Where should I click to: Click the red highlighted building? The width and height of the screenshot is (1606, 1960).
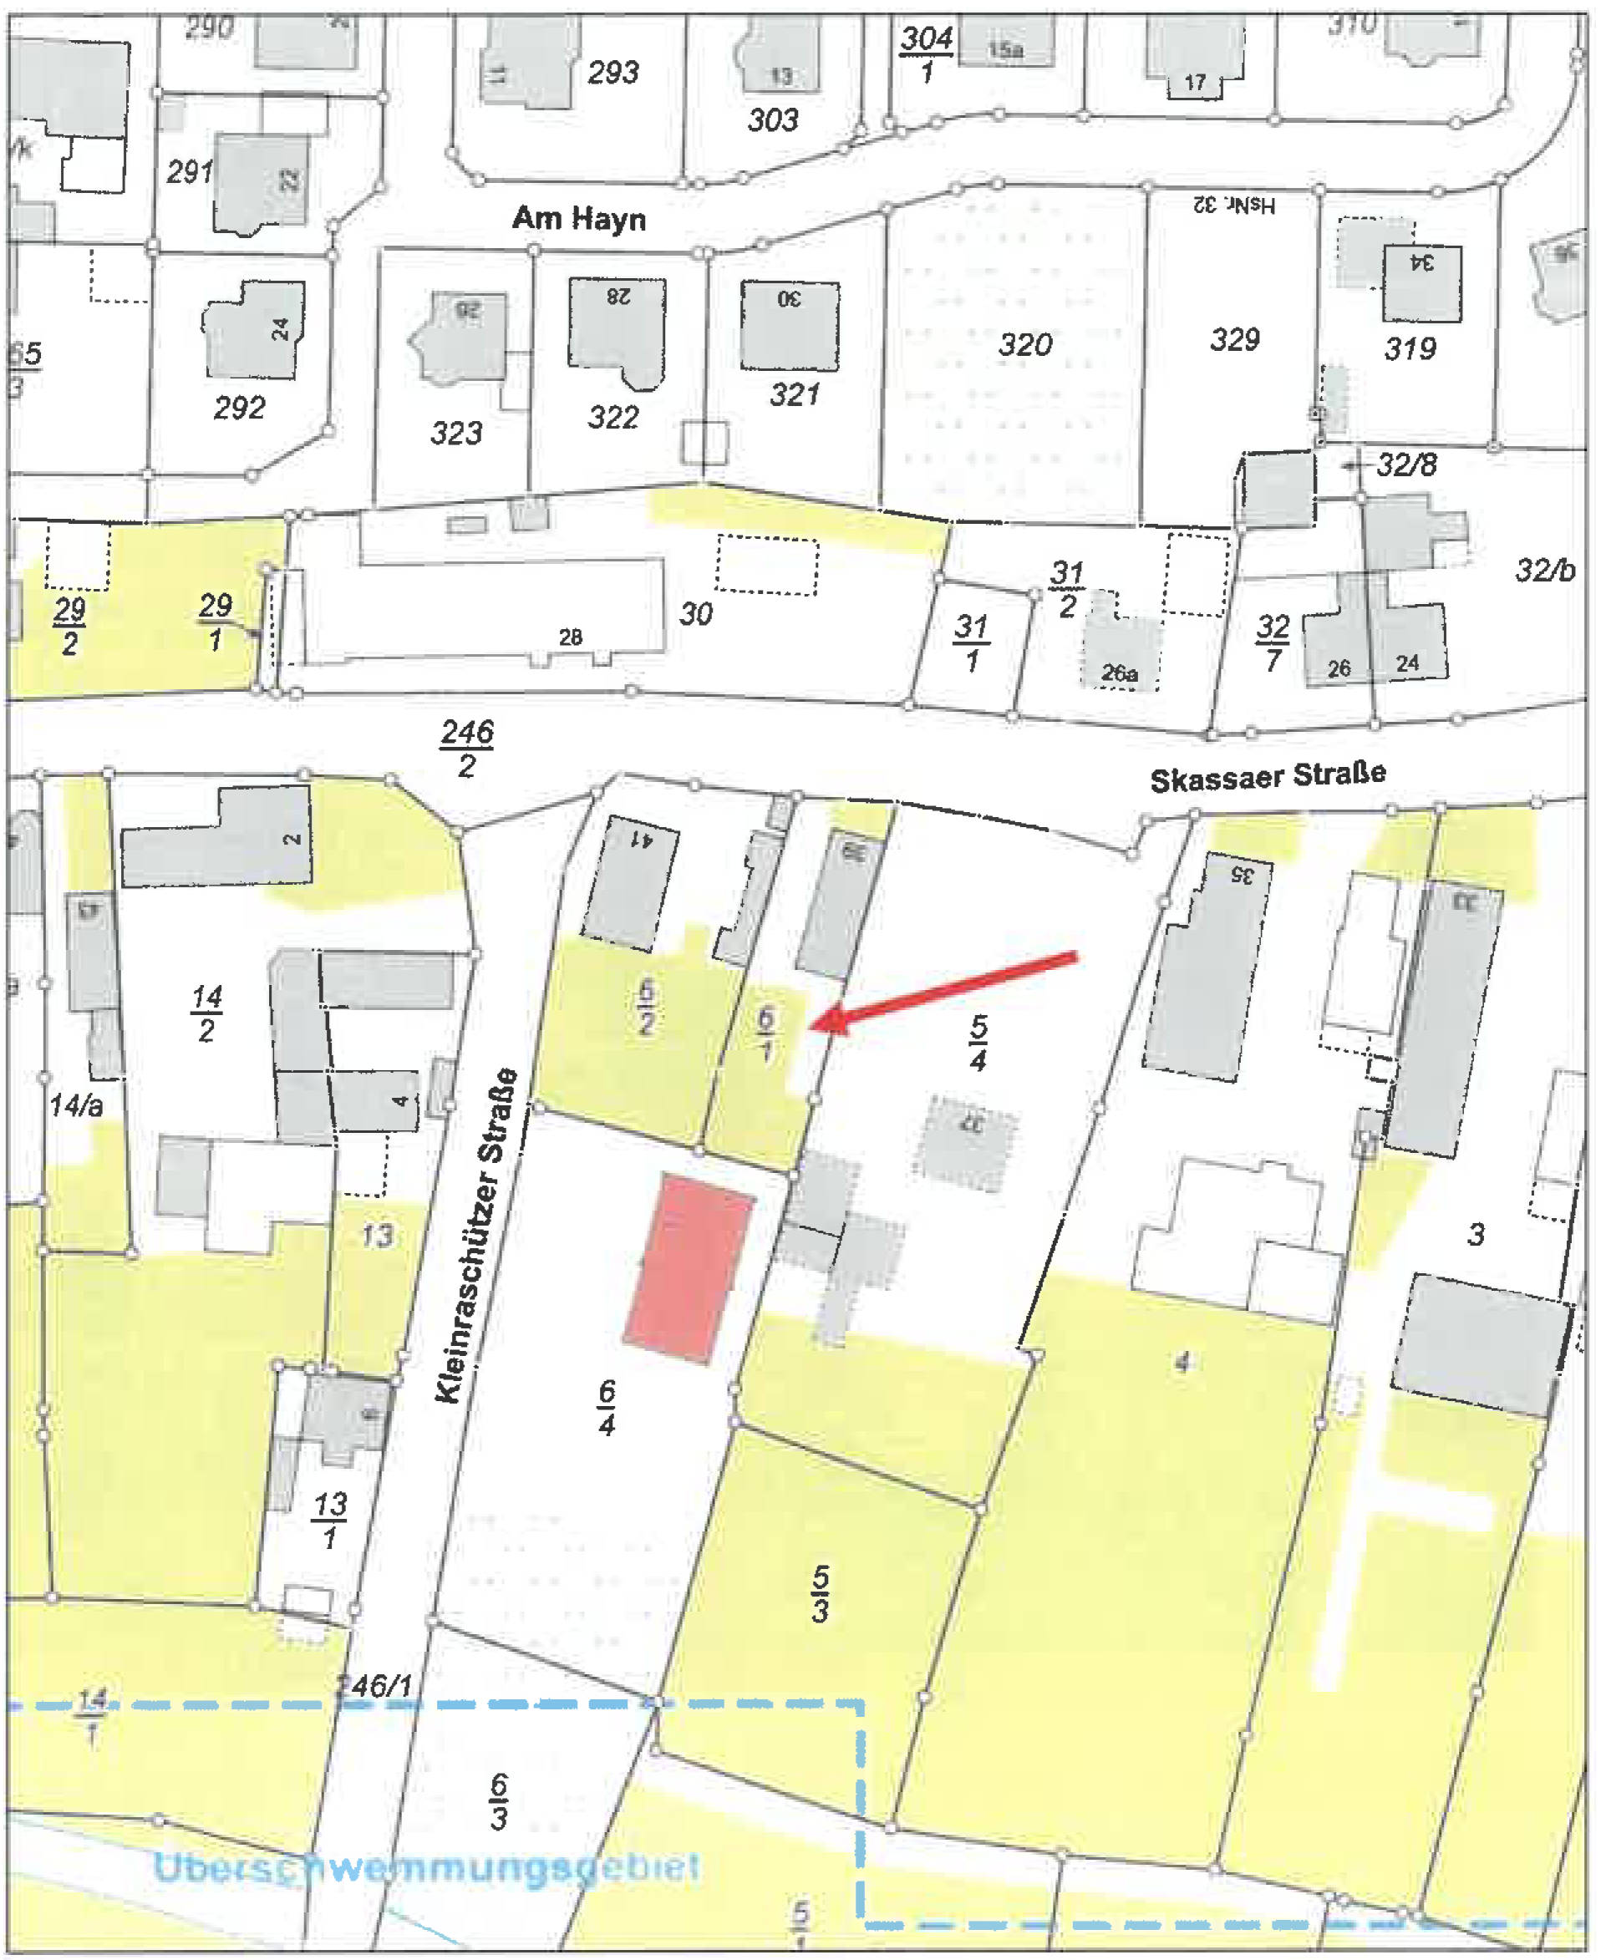coord(689,1267)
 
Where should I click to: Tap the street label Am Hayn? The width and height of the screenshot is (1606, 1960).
coord(579,219)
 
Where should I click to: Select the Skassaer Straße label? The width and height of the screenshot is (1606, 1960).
coord(1268,776)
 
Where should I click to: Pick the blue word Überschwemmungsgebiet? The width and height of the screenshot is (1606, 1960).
coord(425,1866)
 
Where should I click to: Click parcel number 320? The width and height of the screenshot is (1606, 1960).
coord(1025,345)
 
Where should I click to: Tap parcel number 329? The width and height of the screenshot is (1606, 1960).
coord(1235,339)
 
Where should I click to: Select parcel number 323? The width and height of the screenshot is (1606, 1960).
coord(456,432)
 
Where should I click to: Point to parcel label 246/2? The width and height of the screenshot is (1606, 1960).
coord(467,749)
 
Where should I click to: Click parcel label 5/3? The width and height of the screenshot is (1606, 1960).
coord(821,1592)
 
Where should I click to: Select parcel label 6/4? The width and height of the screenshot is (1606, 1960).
coord(607,1408)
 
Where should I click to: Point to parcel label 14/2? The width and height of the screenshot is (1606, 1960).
coord(206,1013)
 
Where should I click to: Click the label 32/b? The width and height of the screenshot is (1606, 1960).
coord(1544,571)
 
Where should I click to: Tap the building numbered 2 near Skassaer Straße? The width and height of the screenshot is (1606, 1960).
coord(217,836)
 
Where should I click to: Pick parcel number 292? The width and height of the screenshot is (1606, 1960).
coord(239,407)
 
